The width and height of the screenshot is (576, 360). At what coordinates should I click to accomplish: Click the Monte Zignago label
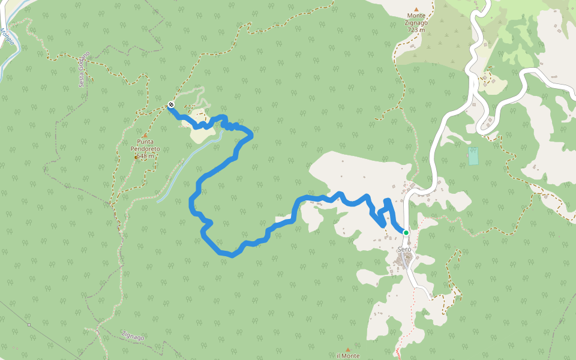click(x=416, y=19)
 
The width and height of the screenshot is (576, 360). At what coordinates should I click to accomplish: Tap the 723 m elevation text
click(x=416, y=29)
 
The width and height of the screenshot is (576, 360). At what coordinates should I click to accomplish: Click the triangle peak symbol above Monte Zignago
click(x=416, y=9)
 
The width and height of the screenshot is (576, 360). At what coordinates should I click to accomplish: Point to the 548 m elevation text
click(x=145, y=156)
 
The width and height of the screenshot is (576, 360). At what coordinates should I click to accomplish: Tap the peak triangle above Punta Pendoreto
click(x=145, y=136)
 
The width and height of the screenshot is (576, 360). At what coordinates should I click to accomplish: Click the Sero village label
click(x=404, y=249)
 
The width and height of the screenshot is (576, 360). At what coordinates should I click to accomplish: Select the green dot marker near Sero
click(x=406, y=233)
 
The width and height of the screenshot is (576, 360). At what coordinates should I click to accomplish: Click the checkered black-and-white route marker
click(x=171, y=105)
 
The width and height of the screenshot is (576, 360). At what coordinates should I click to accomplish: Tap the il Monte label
click(x=348, y=356)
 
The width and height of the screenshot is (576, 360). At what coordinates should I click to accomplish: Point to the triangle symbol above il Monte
click(x=348, y=349)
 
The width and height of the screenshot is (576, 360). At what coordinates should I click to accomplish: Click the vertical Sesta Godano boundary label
click(x=83, y=69)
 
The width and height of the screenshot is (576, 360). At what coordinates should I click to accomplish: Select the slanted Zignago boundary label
click(x=133, y=337)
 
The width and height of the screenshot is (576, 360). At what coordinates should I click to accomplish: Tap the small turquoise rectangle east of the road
click(x=473, y=156)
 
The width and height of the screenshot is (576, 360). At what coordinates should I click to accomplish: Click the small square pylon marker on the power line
click(x=29, y=325)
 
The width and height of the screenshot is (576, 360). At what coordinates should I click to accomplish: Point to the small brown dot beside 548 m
click(x=136, y=157)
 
